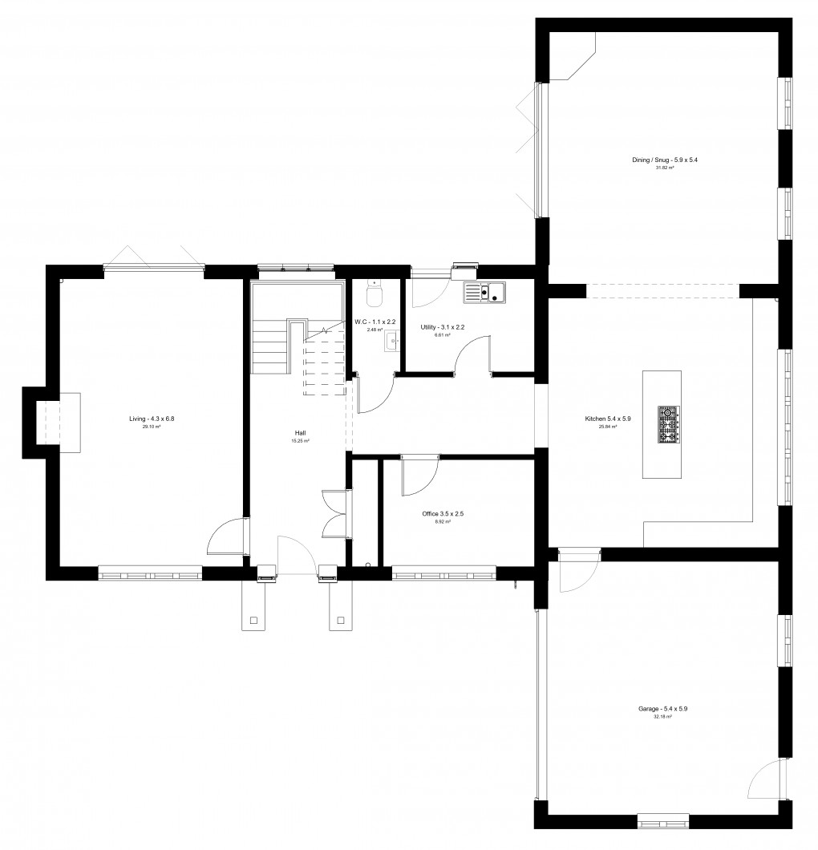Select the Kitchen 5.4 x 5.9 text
(x=608, y=419)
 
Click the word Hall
(x=300, y=433)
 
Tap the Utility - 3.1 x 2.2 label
(x=443, y=327)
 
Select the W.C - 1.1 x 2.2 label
(x=376, y=322)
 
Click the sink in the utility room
(x=485, y=293)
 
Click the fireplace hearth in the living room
(x=69, y=423)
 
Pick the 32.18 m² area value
(x=662, y=717)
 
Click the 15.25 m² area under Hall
(x=300, y=441)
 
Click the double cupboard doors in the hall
(x=331, y=513)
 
